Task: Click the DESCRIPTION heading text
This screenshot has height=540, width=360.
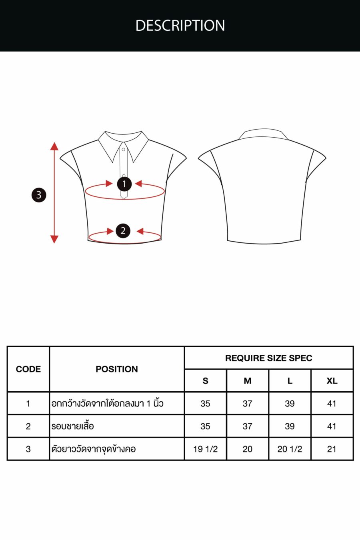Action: pos(180,25)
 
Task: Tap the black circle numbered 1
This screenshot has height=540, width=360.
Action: pos(124,184)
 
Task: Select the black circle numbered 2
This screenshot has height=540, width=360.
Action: pos(123,231)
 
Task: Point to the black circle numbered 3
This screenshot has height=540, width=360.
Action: pos(39,195)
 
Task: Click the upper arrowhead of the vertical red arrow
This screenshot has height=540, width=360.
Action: pos(54,146)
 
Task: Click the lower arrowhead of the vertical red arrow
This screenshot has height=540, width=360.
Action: pos(54,239)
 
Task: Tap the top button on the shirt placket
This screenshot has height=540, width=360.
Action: pos(124,150)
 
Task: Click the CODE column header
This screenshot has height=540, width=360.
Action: pos(28,369)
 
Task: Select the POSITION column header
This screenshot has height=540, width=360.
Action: pos(117,369)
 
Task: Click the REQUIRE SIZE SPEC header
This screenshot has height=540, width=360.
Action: pos(269,358)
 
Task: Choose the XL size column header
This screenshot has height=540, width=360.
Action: pos(332,381)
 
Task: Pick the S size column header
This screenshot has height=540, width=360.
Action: pos(205,381)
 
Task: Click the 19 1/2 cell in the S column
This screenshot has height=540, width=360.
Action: pos(205,449)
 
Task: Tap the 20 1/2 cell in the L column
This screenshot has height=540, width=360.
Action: pos(290,449)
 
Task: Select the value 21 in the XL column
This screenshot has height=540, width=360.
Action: pos(332,449)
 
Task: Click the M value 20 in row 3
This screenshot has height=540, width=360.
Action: pos(247,449)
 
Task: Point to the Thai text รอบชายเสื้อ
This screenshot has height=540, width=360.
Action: pos(72,426)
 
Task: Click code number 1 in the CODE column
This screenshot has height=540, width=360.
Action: pos(28,404)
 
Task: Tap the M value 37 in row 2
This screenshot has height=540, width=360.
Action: pos(247,426)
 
